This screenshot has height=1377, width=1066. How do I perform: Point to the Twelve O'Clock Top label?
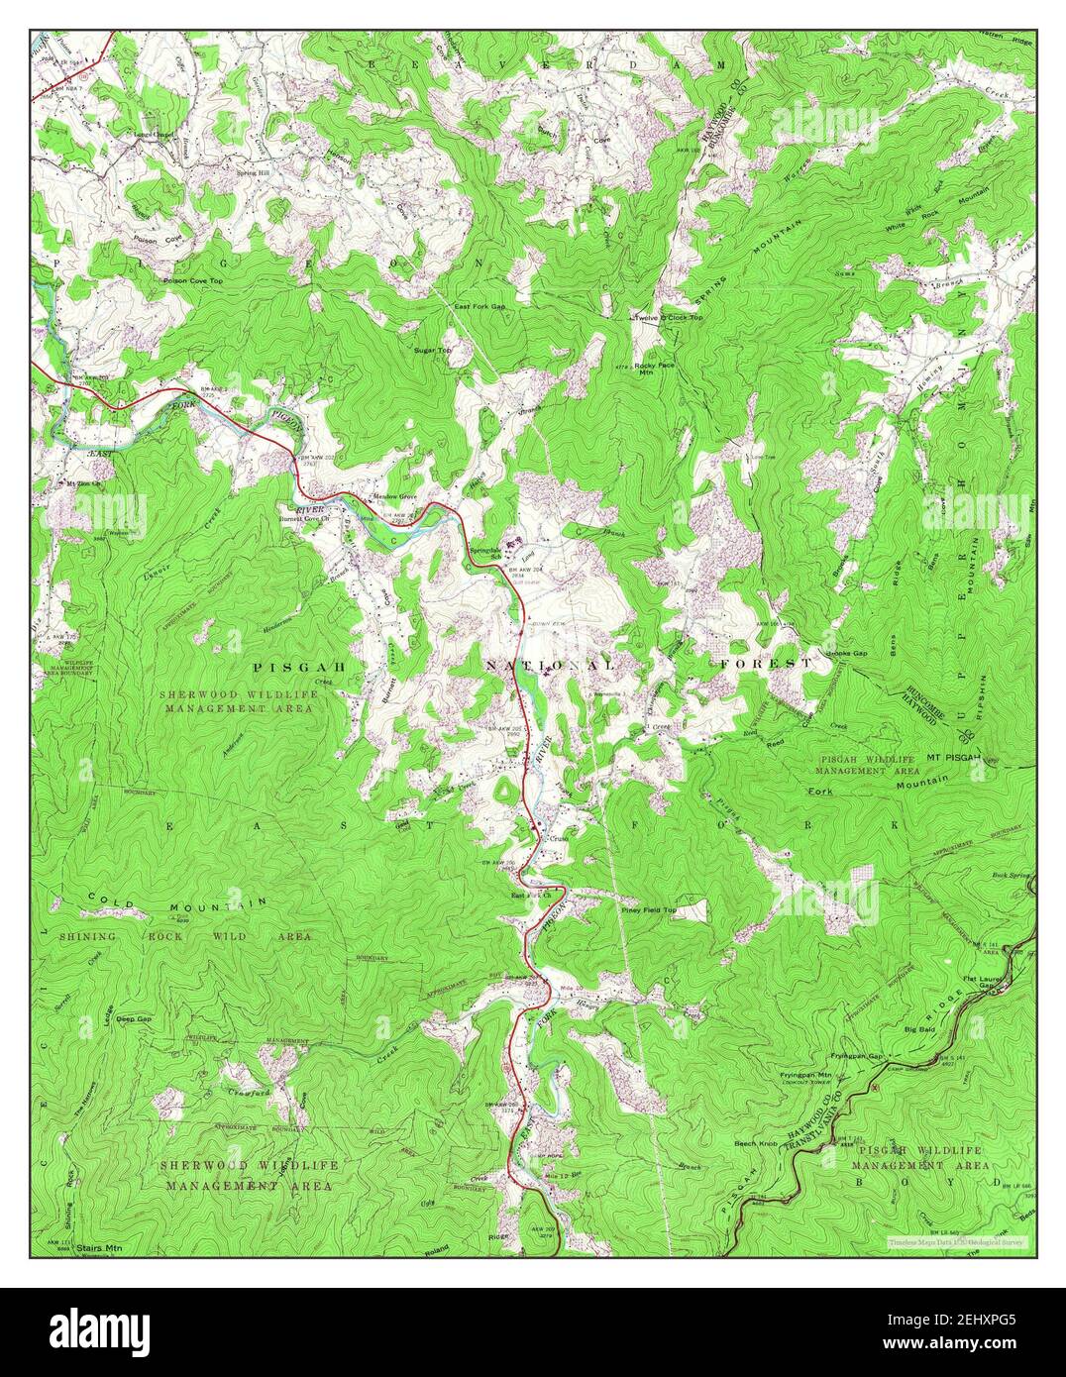[x=669, y=317]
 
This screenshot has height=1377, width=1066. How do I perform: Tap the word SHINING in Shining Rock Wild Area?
[x=87, y=936]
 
